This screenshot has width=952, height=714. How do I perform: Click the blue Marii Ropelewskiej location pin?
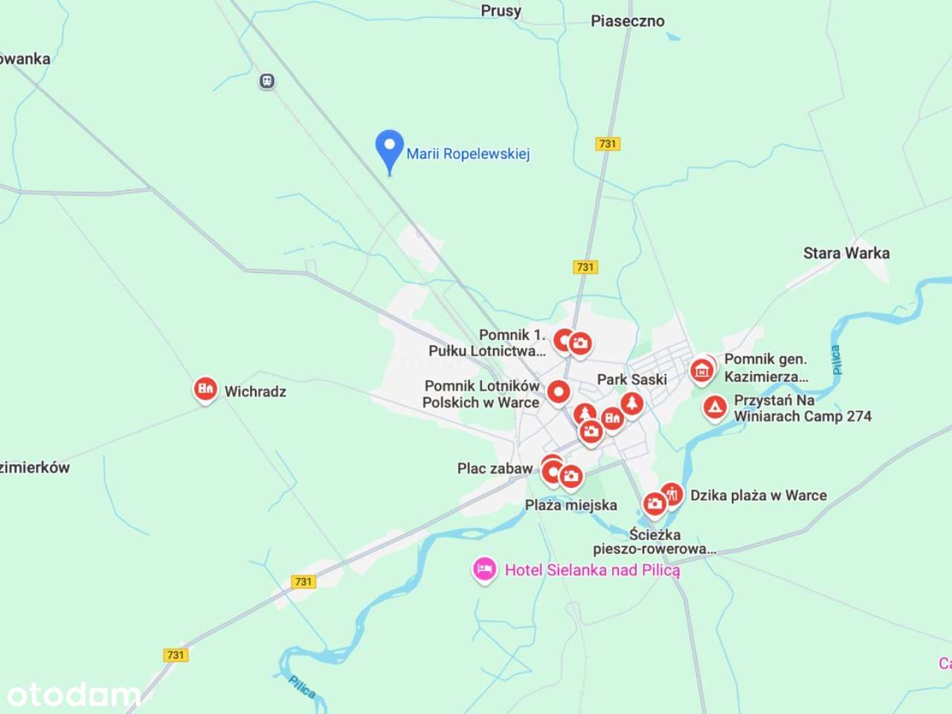tap(389, 147)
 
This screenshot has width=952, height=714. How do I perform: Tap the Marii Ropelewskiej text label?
tap(468, 154)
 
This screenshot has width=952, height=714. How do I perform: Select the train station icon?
tap(267, 81)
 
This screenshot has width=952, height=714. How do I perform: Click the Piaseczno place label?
tap(627, 21)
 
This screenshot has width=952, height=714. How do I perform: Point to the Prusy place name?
tap(501, 10)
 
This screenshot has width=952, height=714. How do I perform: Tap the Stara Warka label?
tap(846, 253)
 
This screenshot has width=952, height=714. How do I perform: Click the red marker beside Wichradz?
tap(205, 388)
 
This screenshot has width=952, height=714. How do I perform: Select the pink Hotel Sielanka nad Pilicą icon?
tap(484, 570)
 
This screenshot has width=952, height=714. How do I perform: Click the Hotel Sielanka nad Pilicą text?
tap(592, 570)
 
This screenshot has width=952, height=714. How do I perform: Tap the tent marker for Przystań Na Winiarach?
tap(715, 407)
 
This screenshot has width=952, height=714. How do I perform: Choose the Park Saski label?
tap(631, 379)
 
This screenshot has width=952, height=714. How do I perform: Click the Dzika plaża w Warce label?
tap(758, 495)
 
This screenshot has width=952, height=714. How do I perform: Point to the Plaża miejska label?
tap(570, 505)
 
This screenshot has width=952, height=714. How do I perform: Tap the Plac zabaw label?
tap(495, 469)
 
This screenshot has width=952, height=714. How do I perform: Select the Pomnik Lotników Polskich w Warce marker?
tap(559, 391)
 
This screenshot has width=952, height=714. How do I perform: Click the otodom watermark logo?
tap(73, 695)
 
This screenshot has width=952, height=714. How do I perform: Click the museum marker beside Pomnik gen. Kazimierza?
tap(701, 369)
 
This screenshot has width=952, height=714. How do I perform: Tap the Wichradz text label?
tap(255, 391)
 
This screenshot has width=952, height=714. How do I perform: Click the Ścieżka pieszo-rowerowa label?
tap(654, 541)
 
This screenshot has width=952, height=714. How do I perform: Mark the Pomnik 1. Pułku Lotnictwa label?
tap(487, 343)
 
